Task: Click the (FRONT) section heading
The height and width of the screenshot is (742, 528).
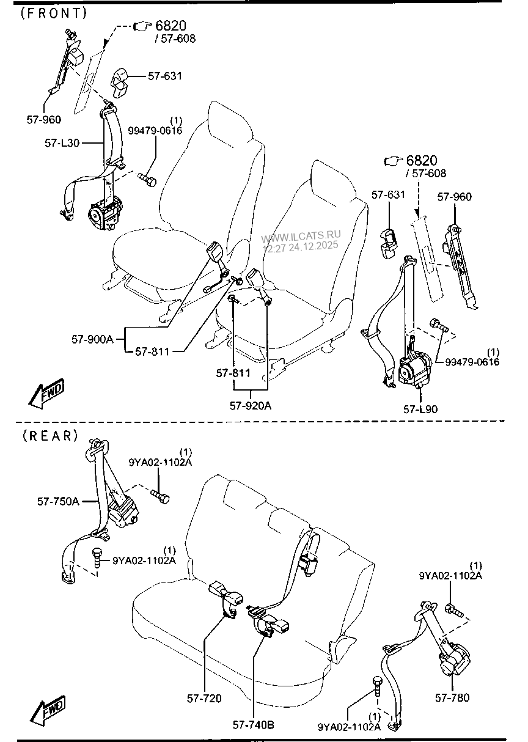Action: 54,12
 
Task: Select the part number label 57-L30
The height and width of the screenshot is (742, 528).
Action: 62,143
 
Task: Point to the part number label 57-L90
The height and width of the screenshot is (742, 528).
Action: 420,409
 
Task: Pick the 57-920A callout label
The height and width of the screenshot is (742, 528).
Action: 251,404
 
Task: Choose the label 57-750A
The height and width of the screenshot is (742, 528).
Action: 58,501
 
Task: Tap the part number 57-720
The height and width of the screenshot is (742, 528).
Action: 204,698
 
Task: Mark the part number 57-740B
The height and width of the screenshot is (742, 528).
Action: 253,725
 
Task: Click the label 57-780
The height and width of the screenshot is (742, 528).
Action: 452,697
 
